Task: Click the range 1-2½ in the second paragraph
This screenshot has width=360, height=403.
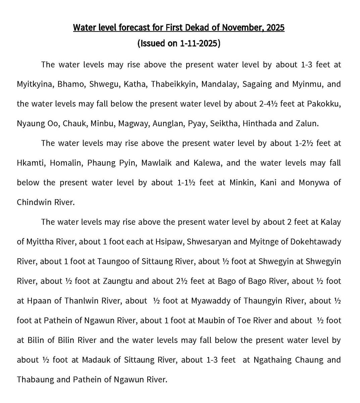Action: [304, 143]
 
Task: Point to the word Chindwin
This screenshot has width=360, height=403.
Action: [32, 202]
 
